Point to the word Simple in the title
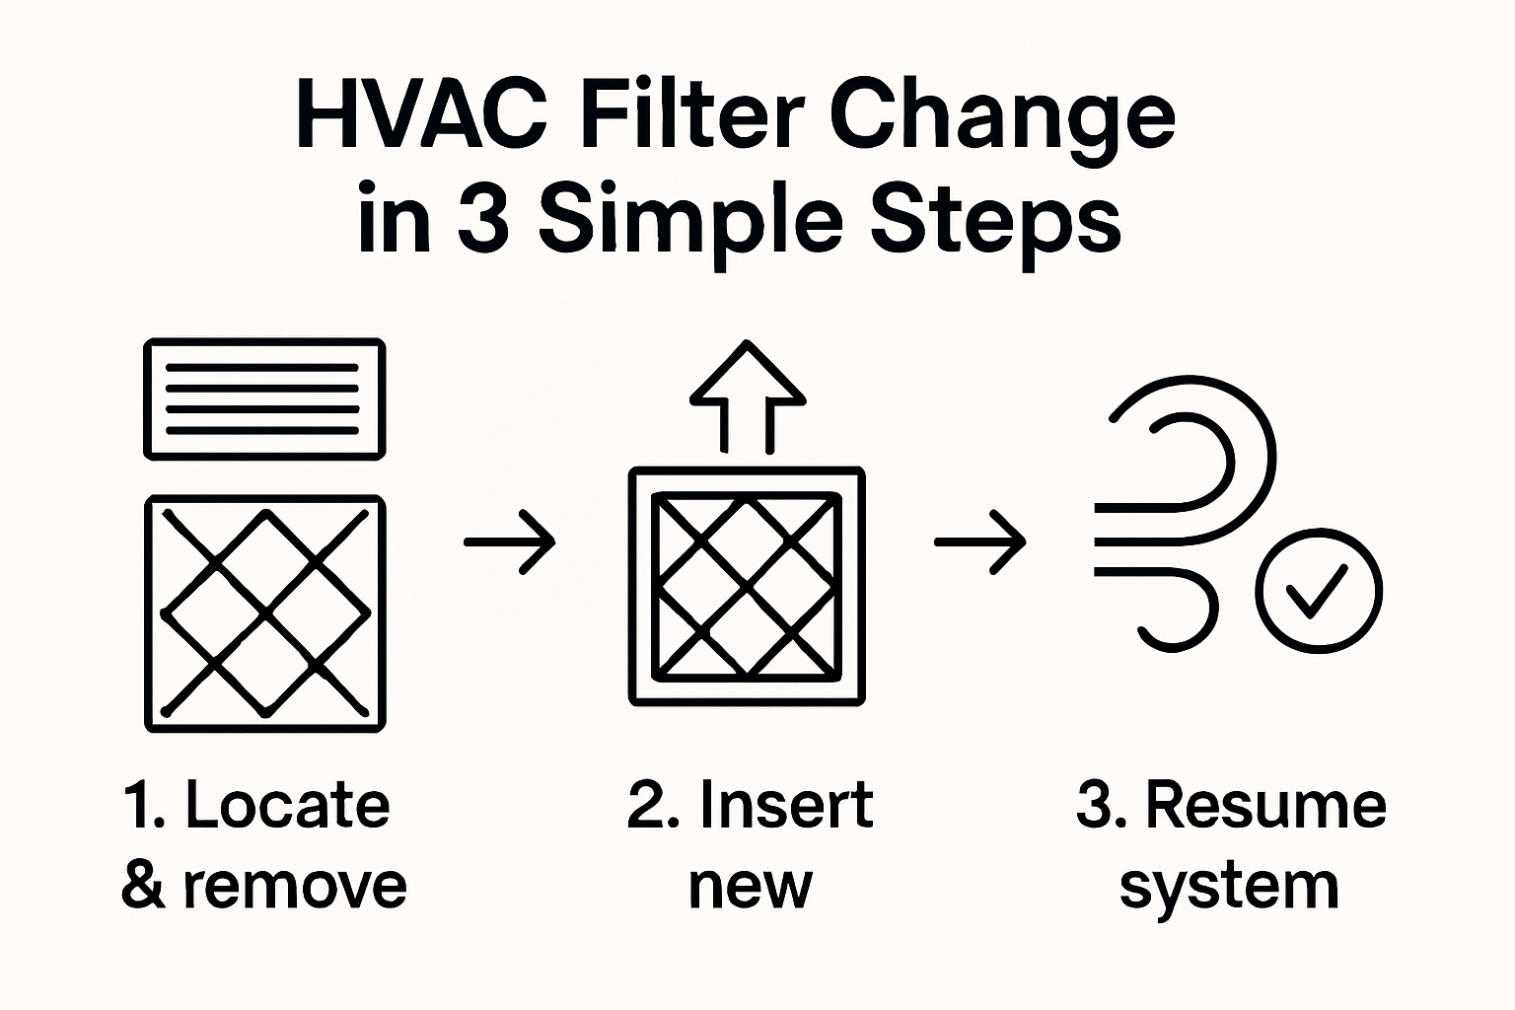tap(690, 223)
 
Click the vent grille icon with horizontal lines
tap(264, 398)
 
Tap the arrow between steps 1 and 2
tap(510, 541)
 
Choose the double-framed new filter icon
tap(748, 587)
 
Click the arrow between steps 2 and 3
tap(980, 541)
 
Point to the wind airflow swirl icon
tap(1184, 513)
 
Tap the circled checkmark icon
tap(1319, 591)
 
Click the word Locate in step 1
tap(287, 806)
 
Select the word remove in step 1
tap(294, 885)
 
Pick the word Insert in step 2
tap(786, 806)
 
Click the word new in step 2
tap(751, 887)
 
